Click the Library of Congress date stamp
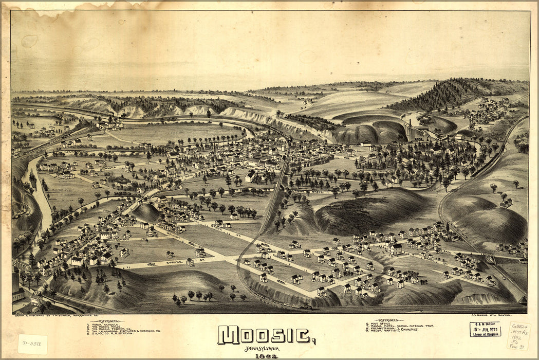pos(485,329)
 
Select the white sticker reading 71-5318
pos(32,344)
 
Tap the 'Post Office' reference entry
pos(380,323)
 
